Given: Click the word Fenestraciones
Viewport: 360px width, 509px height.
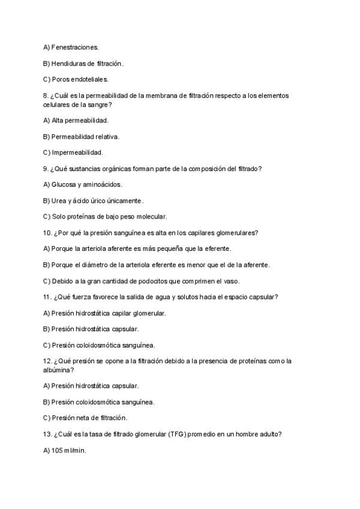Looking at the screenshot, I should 76,47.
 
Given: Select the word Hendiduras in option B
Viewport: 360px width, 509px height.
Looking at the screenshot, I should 70,63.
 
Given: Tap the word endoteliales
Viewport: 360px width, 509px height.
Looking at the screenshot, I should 91,79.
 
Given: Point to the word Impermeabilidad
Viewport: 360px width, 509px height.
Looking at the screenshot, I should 77,152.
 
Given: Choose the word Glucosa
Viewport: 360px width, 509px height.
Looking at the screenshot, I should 64,185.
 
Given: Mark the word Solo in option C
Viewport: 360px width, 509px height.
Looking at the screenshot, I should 58,217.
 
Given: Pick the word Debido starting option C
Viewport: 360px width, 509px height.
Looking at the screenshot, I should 62,280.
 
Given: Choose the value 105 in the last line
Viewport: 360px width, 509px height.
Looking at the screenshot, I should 58,451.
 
